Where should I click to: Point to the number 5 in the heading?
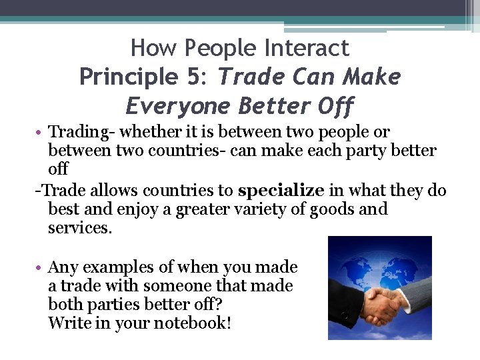195,77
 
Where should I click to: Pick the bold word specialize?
281,191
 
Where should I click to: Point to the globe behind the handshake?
373,267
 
